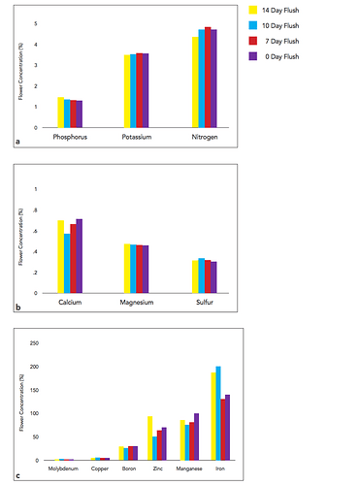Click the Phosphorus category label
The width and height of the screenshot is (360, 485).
point(71,138)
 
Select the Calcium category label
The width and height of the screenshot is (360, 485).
point(70,303)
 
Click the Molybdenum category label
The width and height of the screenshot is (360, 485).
point(65,469)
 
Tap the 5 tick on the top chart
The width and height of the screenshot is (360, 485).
point(36,23)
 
